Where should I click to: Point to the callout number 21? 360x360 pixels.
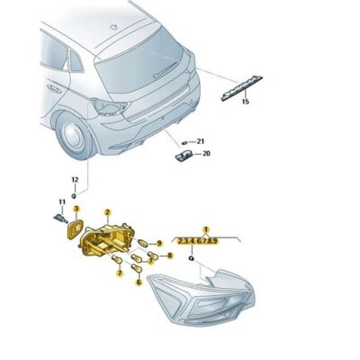click(x=201, y=141)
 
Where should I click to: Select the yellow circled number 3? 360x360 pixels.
click(x=76, y=209)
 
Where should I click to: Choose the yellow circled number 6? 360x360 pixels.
click(x=139, y=282)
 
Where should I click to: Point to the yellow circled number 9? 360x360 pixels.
click(x=159, y=243)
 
